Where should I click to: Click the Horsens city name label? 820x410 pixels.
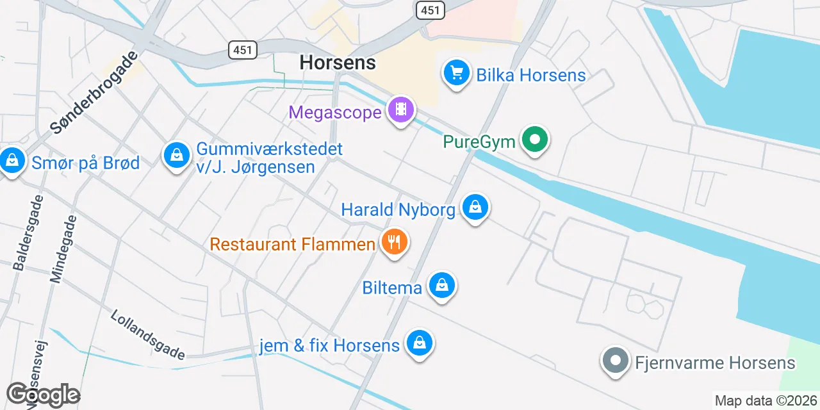pos(338,62)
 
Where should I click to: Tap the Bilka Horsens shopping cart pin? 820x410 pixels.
pos(457,74)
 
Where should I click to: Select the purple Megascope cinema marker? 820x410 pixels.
pos(401,110)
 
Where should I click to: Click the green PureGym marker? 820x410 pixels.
pos(534,139)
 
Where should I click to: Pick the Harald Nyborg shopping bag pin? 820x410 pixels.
pos(475,208)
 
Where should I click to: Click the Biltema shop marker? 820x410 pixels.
pos(441,286)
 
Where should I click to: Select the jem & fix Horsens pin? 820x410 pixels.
pos(419,343)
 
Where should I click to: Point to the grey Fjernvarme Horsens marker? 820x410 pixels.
pos(616,361)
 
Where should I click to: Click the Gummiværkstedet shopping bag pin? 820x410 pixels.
pos(176,155)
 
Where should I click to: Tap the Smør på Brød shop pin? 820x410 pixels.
pos(12,161)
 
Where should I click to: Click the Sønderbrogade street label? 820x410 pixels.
pos(94,93)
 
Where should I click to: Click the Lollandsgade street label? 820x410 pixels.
pos(148,334)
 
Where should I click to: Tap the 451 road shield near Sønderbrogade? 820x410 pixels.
pos(243,49)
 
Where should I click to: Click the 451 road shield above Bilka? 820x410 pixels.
pos(430,10)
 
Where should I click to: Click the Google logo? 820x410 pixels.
pos(43,395)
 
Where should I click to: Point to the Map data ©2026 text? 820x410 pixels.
pos(766,401)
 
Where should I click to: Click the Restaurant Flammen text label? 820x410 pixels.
pos(293,244)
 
